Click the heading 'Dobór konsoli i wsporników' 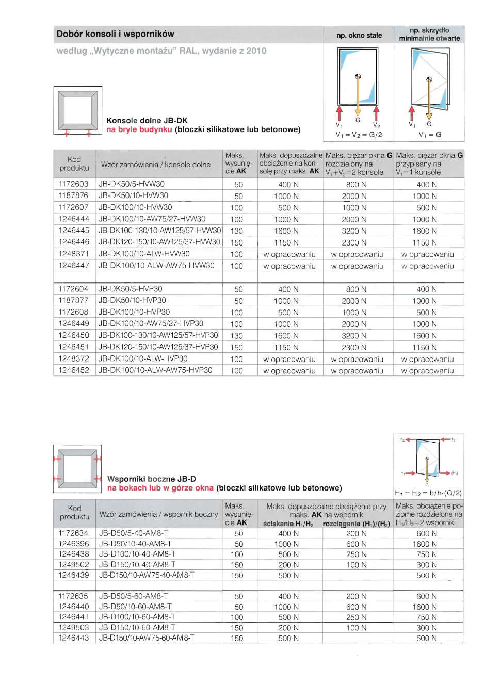point(116,34)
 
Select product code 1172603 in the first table point(73,184)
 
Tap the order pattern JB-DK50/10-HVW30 point(133,195)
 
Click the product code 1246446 point(73,242)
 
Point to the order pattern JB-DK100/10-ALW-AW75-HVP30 point(155,370)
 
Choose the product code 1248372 point(73,358)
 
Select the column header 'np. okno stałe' point(359,35)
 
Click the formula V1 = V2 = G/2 point(359,135)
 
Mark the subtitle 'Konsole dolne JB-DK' point(147,120)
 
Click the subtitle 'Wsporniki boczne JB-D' point(152,479)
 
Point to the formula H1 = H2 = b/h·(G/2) point(428,493)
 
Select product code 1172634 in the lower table point(73,533)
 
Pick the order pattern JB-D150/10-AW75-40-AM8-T point(147,575)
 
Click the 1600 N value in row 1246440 point(426,607)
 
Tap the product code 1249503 point(73,628)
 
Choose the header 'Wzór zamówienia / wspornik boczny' point(159,514)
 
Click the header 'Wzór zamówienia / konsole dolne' point(156,165)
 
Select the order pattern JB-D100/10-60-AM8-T point(137,617)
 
